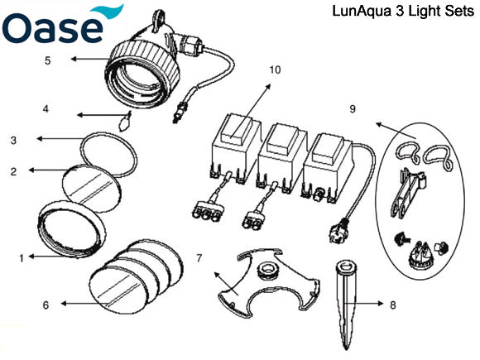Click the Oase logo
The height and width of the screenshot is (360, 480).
coord(60,26)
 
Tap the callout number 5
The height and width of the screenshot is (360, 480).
coord(48,60)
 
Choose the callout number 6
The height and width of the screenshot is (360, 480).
coord(46,305)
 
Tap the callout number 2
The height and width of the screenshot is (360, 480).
coord(14,171)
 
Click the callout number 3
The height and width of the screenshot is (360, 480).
coord(13,141)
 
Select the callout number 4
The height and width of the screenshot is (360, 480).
coord(46,108)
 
